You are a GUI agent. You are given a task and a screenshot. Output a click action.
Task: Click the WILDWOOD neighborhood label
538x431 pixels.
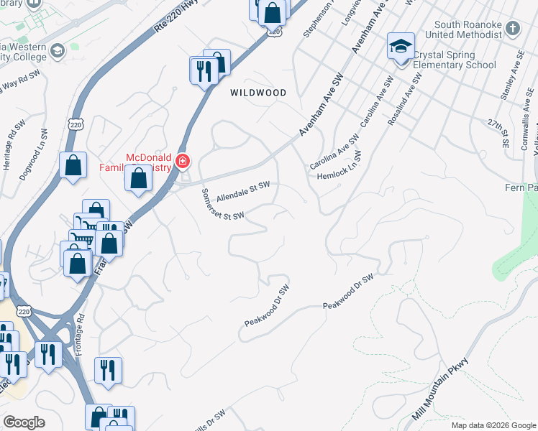[257, 93]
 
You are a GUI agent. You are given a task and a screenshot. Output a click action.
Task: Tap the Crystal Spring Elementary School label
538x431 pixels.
[451, 60]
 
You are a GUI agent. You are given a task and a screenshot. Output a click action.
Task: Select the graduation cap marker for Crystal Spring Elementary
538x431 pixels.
[400, 47]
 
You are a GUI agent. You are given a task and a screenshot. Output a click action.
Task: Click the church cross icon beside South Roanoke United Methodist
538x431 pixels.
[512, 29]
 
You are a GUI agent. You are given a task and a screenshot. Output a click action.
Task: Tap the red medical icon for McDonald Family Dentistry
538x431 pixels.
[183, 161]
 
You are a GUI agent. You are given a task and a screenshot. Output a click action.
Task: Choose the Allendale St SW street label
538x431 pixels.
[243, 190]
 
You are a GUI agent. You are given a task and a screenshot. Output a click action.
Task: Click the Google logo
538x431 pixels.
[24, 422]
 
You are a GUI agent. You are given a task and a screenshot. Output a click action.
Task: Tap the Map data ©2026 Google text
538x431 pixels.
[493, 425]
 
